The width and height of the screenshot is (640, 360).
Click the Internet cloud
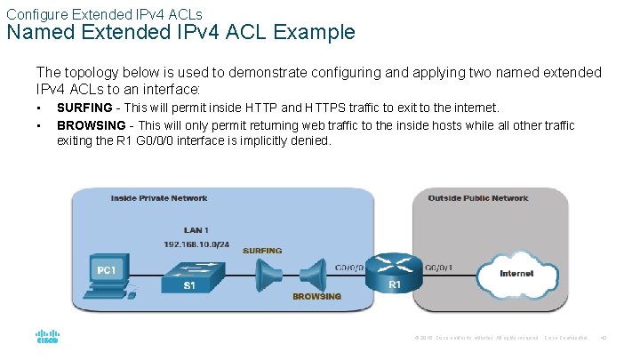[x=516, y=273]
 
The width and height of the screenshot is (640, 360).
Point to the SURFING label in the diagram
[x=261, y=251]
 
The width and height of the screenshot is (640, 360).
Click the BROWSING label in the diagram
[x=316, y=297]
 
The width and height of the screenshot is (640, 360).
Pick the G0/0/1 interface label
[x=438, y=266]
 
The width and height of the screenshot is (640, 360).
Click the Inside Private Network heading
[x=159, y=197]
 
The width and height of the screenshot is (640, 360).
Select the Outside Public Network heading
[x=477, y=197]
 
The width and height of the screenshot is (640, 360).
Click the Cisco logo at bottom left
[x=46, y=338]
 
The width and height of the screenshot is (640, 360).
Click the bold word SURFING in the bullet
[x=84, y=108]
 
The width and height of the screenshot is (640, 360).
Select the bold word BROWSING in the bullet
[x=90, y=125]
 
